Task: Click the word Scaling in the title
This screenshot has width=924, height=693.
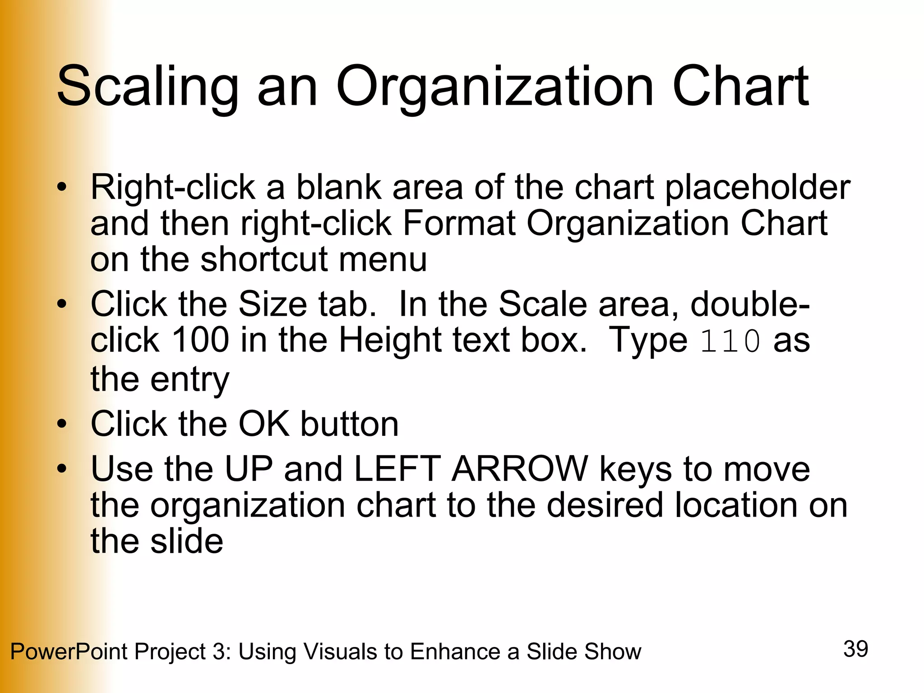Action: [x=148, y=87]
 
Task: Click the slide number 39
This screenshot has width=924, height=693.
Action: [x=855, y=649]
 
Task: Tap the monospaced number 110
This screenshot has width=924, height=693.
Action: [x=730, y=342]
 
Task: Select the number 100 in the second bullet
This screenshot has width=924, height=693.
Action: [x=200, y=340]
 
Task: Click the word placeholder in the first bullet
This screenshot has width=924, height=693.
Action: [x=758, y=188]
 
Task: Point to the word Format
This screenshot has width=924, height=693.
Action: [x=458, y=223]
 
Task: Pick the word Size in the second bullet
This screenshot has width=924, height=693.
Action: [x=273, y=304]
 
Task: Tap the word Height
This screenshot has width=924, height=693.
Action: [x=391, y=340]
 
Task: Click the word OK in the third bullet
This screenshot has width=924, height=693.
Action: [x=264, y=424]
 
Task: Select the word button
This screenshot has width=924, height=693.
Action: [x=350, y=424]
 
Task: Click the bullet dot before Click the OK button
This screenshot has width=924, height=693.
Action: [x=62, y=424]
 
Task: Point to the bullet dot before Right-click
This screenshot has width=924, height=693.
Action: [x=62, y=188]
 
